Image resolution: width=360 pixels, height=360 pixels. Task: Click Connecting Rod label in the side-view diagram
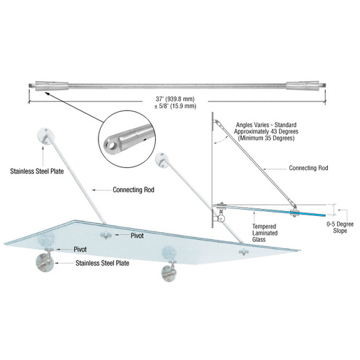[x=309, y=168]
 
